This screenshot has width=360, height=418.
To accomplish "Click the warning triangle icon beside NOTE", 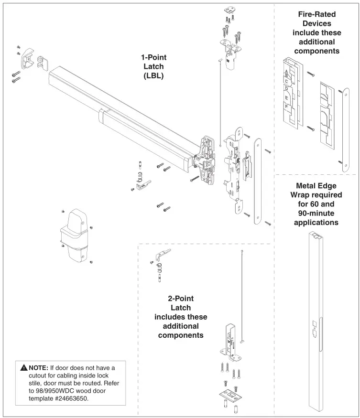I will point(24,368).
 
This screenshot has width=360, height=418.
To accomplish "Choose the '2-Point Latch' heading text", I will point(181,303).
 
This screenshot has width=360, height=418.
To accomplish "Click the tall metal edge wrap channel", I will point(316,320).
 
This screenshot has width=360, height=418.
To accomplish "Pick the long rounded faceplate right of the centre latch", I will point(258,182).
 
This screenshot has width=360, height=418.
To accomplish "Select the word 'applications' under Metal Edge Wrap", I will point(316,222).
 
